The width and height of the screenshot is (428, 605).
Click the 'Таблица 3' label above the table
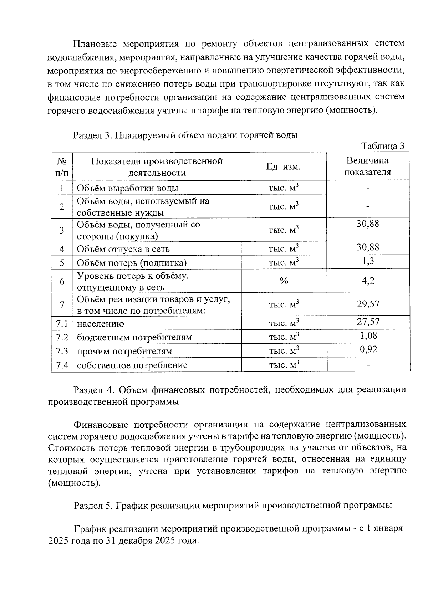(383, 146)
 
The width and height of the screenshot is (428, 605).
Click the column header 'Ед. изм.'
(284, 166)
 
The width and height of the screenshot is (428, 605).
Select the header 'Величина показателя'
(367, 166)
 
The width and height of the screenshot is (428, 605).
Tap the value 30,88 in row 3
(368, 224)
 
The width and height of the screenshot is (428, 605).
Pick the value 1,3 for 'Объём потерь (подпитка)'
(368, 261)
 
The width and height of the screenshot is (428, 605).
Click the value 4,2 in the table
(368, 281)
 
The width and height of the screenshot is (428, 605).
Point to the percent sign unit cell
(284, 281)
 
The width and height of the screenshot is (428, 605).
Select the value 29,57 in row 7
(368, 304)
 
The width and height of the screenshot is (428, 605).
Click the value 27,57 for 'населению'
(368, 322)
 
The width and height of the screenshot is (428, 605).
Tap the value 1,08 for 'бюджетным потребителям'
(368, 335)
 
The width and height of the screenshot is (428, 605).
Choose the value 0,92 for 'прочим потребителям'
(368, 349)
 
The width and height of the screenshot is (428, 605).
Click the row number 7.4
(62, 365)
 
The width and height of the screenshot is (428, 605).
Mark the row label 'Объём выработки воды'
(127, 188)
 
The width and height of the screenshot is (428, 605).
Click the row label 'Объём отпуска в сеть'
(123, 249)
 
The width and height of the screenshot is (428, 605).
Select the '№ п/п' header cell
(62, 166)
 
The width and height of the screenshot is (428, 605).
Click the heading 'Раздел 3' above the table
(93, 135)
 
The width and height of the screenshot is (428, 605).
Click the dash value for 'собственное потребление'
(368, 365)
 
